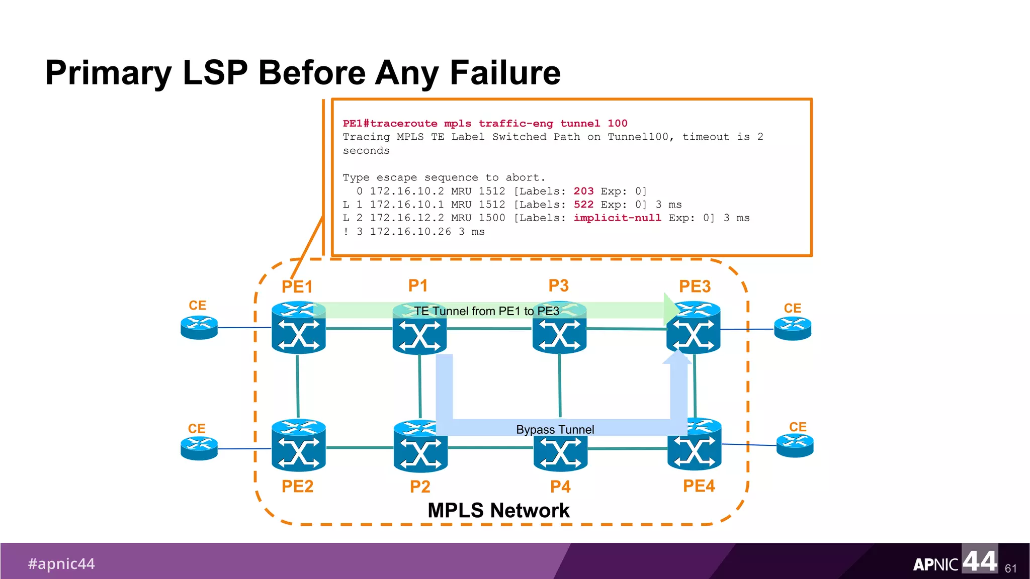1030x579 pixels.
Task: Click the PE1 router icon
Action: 298,329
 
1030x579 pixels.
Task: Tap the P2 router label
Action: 420,487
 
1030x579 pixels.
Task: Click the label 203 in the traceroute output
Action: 583,191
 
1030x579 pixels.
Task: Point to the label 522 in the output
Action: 583,205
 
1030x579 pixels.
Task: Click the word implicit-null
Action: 617,218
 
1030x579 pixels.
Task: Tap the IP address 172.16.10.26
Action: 410,232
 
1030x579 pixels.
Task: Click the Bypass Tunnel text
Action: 555,430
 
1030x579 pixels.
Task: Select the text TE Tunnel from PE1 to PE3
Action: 486,311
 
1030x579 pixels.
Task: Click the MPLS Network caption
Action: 498,510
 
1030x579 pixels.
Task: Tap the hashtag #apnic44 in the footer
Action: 61,563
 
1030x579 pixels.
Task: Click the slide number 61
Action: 1010,568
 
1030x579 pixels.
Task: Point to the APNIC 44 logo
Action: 955,561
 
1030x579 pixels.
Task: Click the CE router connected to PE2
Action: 199,448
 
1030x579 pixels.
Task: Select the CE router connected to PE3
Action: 793,329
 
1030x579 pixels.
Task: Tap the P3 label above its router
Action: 558,285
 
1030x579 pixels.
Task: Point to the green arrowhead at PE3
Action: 671,309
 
